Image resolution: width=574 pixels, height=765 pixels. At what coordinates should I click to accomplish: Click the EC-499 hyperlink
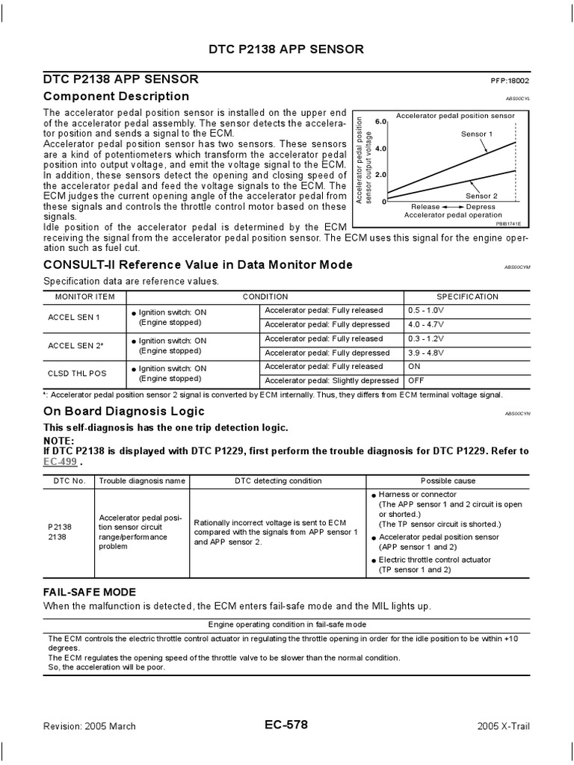pos(59,462)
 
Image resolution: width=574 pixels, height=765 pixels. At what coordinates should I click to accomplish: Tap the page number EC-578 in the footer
pos(286,725)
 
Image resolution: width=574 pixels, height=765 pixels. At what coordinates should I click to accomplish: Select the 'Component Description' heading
pos(116,96)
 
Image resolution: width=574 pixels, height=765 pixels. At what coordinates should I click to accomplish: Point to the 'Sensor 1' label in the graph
pos(477,134)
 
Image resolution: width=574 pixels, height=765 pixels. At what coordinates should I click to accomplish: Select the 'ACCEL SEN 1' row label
pos(74,317)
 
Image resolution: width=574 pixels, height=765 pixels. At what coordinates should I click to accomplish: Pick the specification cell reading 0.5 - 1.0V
pos(426,310)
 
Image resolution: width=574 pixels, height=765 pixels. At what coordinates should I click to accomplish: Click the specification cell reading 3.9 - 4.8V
pos(426,353)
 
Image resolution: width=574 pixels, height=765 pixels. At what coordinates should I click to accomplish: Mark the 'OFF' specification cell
pos(415,381)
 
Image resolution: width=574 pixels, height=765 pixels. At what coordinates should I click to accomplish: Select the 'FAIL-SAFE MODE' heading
pos(89,591)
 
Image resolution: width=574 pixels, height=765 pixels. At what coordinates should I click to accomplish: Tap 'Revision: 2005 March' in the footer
pos(87,727)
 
